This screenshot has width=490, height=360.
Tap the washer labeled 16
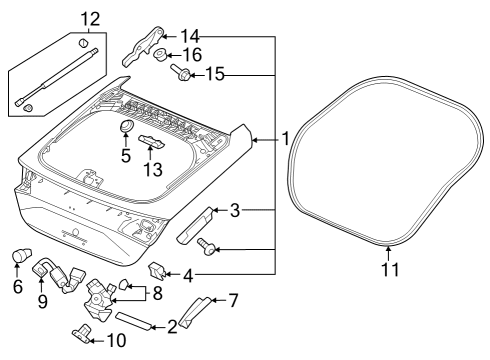(x=160, y=55)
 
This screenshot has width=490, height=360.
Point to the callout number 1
(x=285, y=141)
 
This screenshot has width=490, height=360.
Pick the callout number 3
(x=235, y=210)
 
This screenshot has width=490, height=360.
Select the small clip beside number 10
(x=81, y=333)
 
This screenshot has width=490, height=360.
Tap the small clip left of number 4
(x=156, y=269)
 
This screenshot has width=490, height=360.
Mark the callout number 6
(x=17, y=285)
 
